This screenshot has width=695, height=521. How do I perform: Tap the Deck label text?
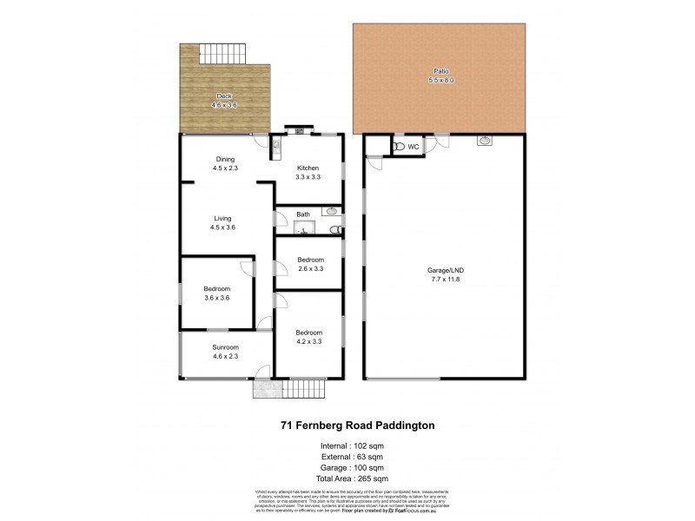pos(224,100)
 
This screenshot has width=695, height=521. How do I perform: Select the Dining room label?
pos(225,163)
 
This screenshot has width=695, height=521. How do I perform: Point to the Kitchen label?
pos(308,173)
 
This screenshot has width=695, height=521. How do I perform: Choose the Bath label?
pos(303,214)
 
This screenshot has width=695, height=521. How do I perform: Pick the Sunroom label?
pos(224,351)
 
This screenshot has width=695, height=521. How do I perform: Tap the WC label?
pos(414,148)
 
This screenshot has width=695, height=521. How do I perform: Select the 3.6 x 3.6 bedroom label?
pos(217,293)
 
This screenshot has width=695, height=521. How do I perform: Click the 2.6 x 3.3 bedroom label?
pos(310,265)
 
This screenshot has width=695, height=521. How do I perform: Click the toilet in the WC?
pos(399,148)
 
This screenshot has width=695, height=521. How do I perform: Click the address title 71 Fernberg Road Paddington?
pos(347,425)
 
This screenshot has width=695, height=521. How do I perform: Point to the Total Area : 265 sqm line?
pos(347,478)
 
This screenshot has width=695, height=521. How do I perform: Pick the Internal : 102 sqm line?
pos(347,445)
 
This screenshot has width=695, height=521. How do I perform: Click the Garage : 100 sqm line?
pos(347,467)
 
